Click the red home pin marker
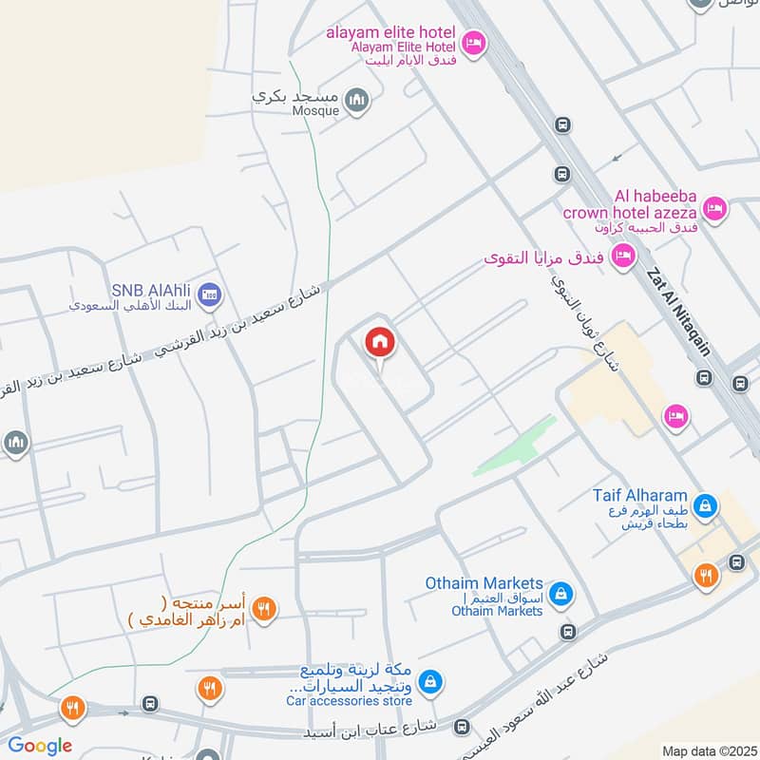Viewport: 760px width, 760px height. click(x=380, y=343)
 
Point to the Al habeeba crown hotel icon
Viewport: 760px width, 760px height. click(x=714, y=206)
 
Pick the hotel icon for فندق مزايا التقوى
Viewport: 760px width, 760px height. click(x=623, y=256)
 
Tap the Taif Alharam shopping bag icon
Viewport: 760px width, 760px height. click(x=705, y=504)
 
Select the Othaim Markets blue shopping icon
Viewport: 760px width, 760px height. click(x=561, y=593)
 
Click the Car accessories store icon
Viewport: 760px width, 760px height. click(x=431, y=679)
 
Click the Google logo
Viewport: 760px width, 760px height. click(x=40, y=746)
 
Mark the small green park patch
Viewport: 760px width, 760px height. click(x=514, y=446)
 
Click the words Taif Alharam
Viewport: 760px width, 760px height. click(x=639, y=497)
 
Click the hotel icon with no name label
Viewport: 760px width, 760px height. click(x=675, y=415)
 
